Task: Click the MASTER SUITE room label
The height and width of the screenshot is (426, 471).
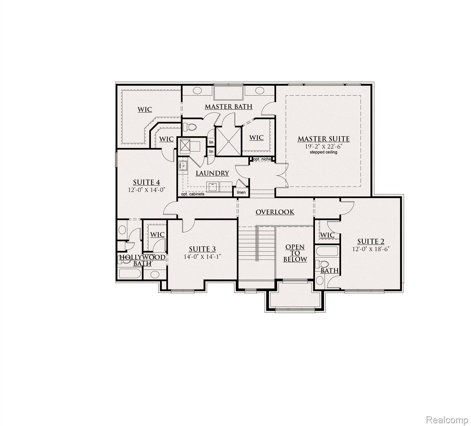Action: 323,139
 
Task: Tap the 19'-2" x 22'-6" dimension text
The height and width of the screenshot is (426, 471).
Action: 323,147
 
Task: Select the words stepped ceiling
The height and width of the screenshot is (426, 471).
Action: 323,152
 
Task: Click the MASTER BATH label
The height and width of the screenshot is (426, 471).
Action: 228,107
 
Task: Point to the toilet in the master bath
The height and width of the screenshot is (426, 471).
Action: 191,127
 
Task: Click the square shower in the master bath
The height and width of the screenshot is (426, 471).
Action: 228,141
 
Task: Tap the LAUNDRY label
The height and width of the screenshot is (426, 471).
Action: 212,173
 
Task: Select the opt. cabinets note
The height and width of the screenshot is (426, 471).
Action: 193,194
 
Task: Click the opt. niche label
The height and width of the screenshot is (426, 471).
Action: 262,159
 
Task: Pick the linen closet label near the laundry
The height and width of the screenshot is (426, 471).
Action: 241,192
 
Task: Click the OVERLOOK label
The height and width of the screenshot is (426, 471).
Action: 275,212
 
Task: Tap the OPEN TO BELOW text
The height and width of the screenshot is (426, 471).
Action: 295,253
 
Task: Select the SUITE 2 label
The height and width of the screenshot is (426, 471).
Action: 371,241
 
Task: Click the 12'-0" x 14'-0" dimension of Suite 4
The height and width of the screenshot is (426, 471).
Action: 147,190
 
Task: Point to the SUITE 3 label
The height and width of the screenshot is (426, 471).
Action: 202,249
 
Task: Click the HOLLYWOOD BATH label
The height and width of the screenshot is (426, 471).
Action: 142,260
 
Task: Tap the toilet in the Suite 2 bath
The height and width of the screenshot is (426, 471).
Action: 323,263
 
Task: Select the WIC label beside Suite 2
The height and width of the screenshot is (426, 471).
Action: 327,235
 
